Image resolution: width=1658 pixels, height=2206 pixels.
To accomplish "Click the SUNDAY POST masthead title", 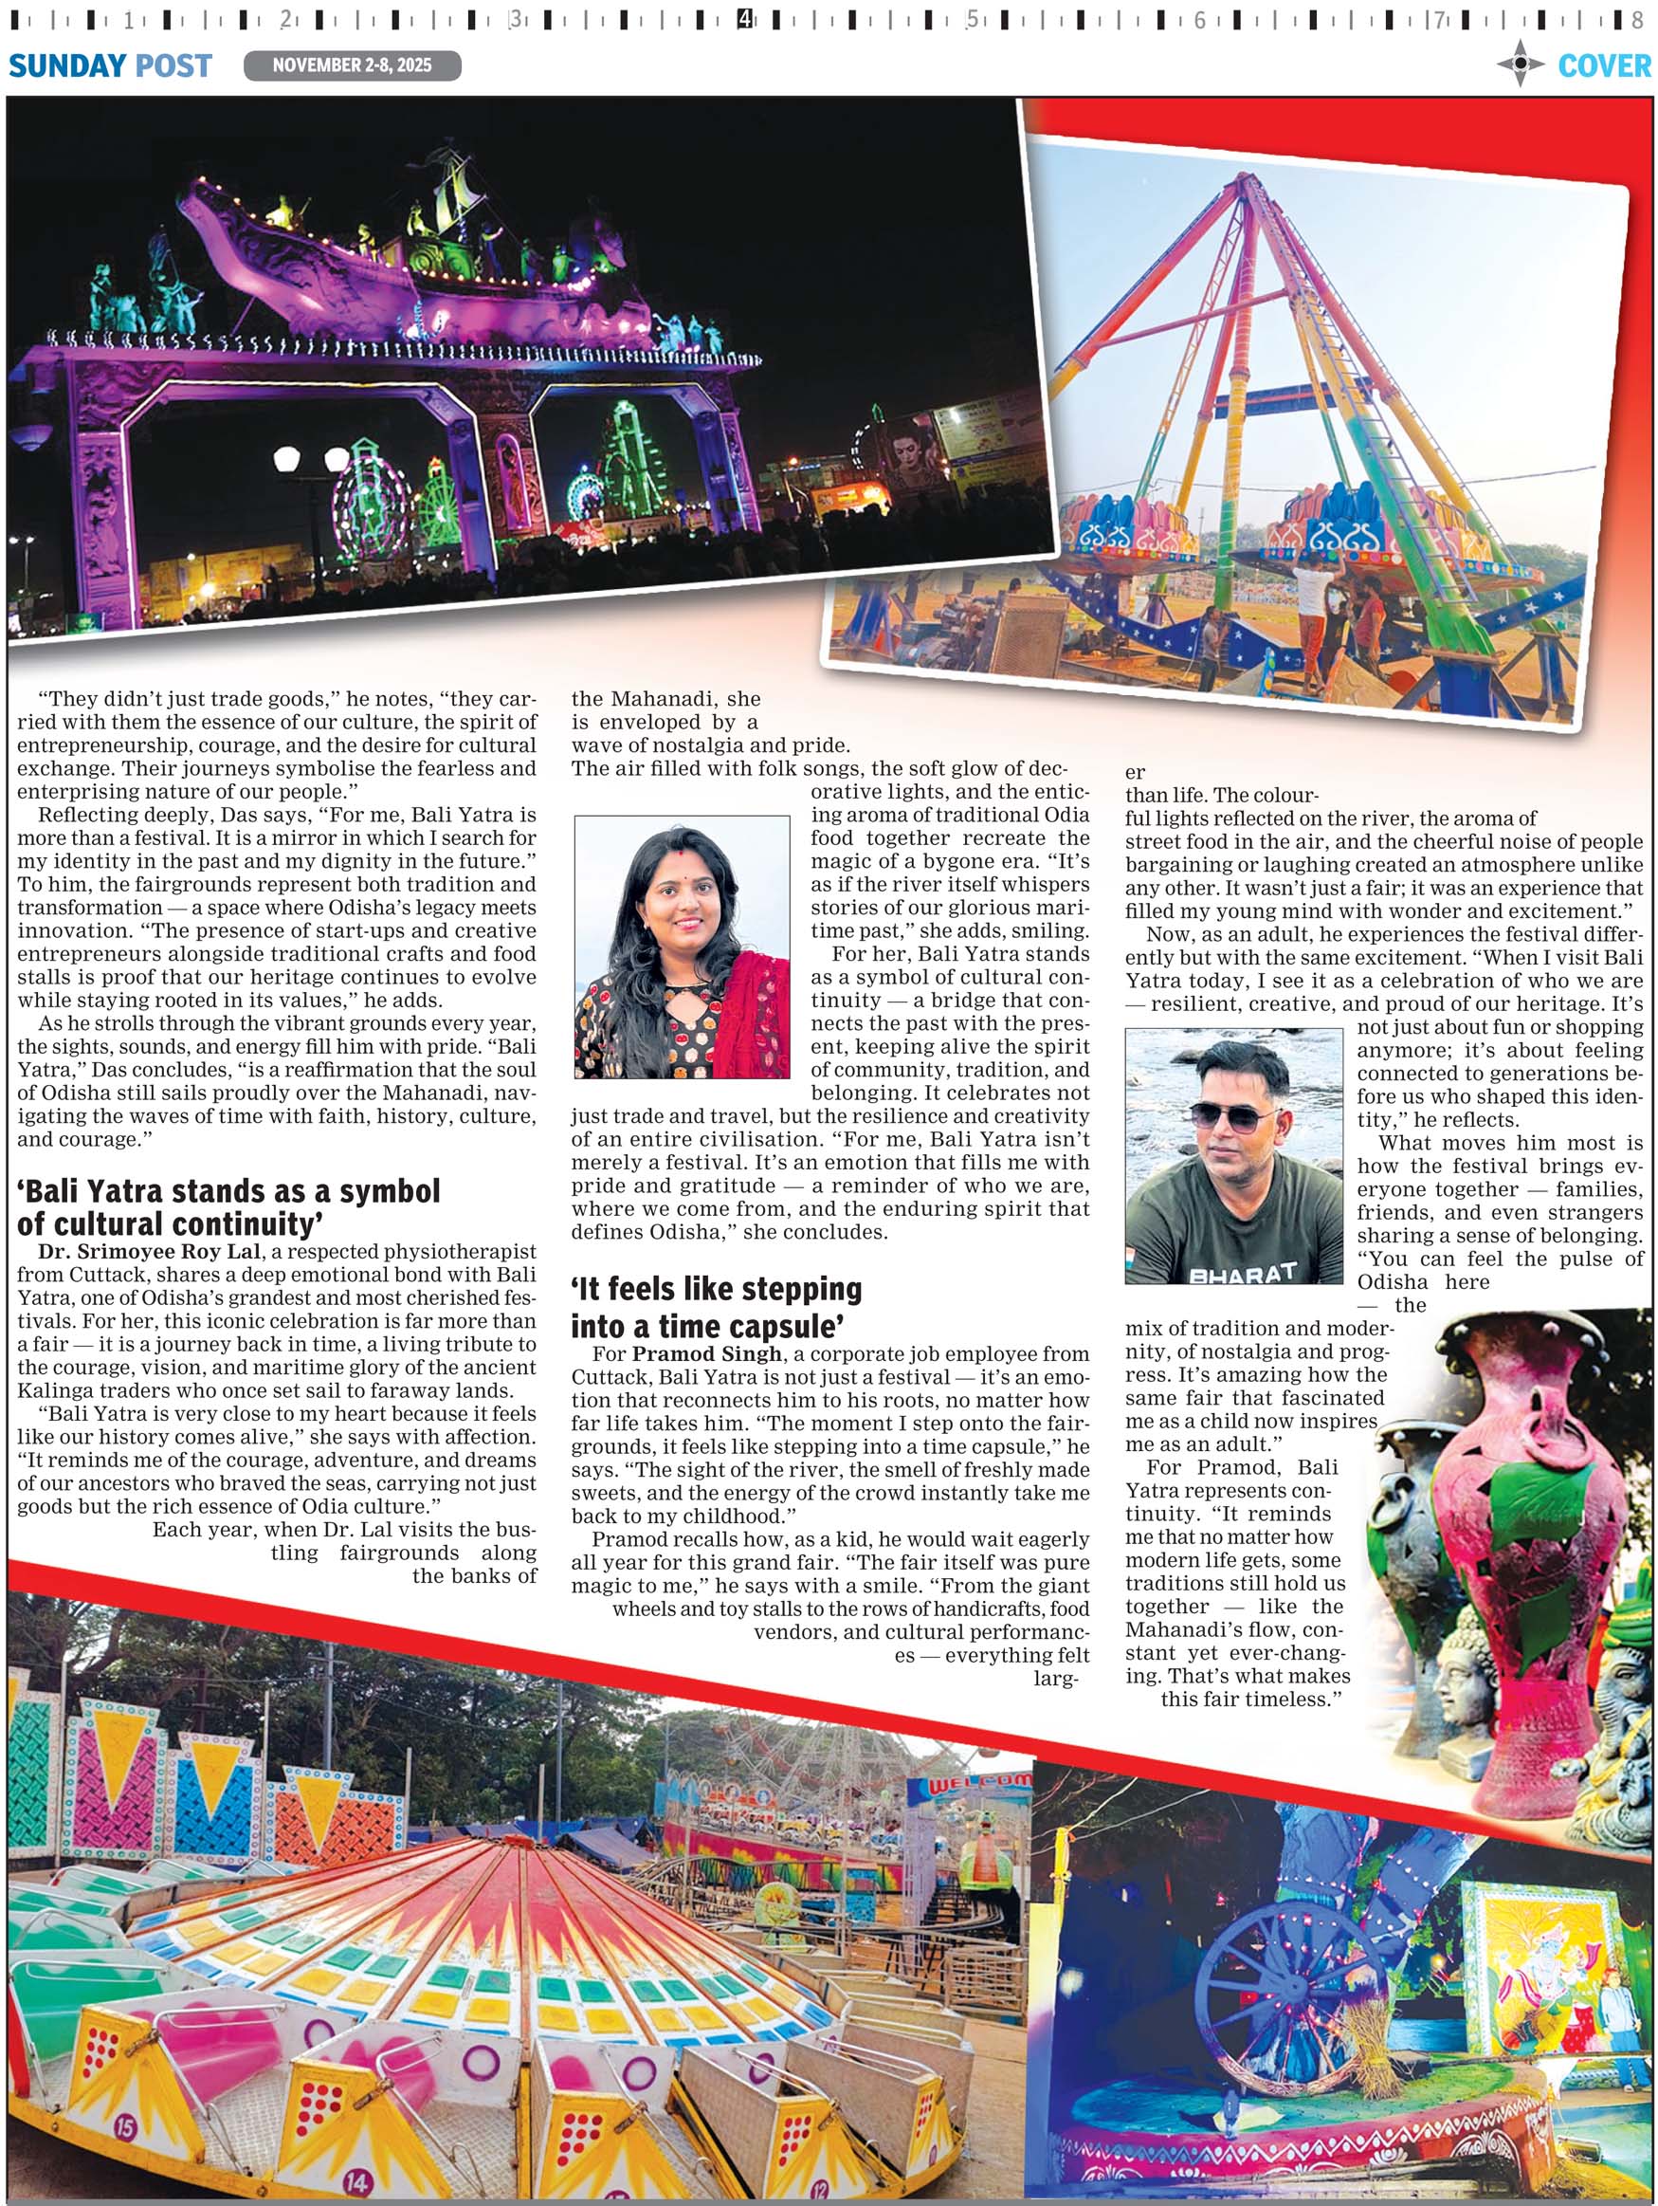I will click(110, 65).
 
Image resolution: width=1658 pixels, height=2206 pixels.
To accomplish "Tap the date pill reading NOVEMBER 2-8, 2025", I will click(352, 65).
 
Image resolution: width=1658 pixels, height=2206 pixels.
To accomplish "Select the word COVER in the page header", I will click(1603, 65).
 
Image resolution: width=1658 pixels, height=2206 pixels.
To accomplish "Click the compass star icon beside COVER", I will click(1520, 64).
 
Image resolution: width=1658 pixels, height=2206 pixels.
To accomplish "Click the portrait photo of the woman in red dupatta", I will click(682, 947).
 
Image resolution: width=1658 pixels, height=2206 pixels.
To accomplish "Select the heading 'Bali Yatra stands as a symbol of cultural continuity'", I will click(228, 1206).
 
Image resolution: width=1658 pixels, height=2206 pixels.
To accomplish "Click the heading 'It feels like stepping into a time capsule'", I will click(716, 1308).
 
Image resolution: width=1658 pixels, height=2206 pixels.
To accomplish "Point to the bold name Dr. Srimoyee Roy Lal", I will click(150, 1251).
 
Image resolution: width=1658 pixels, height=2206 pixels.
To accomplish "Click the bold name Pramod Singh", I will click(707, 1353).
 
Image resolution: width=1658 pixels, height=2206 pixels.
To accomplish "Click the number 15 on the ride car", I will click(123, 2126).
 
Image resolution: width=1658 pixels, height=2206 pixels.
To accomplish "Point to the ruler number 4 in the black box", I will click(745, 19).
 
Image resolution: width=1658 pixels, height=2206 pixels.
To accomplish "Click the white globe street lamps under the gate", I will click(310, 459).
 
